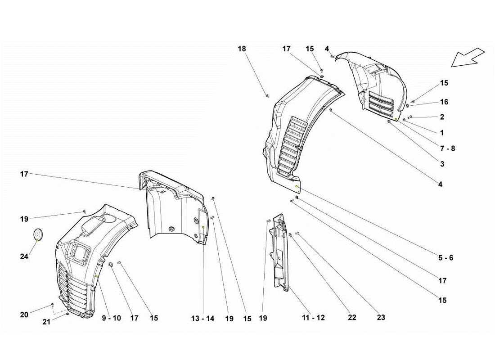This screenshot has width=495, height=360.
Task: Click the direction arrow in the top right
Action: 468,58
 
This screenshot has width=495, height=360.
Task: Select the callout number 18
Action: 242,49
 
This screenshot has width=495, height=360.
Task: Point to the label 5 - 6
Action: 445,258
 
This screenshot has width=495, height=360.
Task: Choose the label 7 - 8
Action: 447,148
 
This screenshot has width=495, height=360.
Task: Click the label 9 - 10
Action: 111,318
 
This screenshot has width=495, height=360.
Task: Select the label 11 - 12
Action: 313,318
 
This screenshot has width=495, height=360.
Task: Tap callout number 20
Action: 24,315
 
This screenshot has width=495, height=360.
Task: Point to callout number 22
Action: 352,318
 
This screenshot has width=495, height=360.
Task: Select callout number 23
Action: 381,317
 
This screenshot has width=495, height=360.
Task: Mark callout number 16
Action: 444,102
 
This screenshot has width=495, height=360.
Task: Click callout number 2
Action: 442,117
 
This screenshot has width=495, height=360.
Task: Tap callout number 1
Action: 442,133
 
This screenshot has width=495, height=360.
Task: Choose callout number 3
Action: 442,164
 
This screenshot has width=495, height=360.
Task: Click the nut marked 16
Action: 407,106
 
